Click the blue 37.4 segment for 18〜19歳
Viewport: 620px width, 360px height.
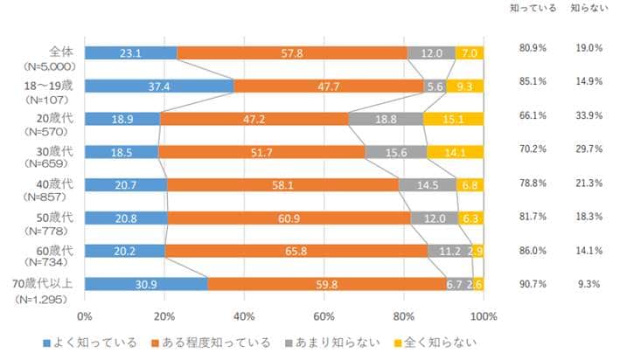[x=159, y=86]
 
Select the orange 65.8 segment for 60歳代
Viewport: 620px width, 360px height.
[x=296, y=252]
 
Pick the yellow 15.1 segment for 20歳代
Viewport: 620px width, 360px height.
[x=453, y=119]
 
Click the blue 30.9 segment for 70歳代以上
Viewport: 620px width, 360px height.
[x=146, y=285]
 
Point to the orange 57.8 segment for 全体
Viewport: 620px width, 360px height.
[x=292, y=52]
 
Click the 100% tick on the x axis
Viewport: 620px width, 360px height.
[x=483, y=315]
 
